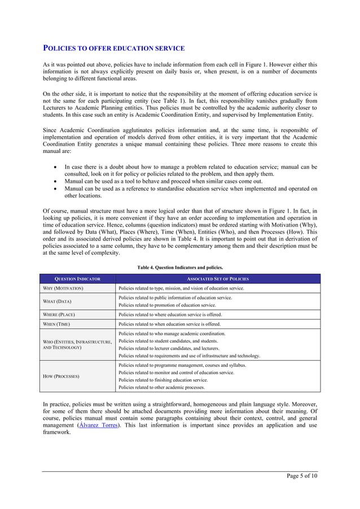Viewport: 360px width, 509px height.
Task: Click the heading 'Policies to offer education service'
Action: click(x=114, y=49)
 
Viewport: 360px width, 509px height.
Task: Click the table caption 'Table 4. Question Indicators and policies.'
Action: click(x=180, y=267)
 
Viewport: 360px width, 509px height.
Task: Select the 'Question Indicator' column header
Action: click(x=77, y=279)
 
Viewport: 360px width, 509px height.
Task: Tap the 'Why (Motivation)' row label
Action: click(x=63, y=288)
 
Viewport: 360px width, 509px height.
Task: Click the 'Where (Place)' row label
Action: click(x=60, y=314)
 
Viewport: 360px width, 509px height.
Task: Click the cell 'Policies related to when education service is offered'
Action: click(x=170, y=324)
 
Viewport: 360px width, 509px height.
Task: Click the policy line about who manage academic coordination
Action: click(x=172, y=334)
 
